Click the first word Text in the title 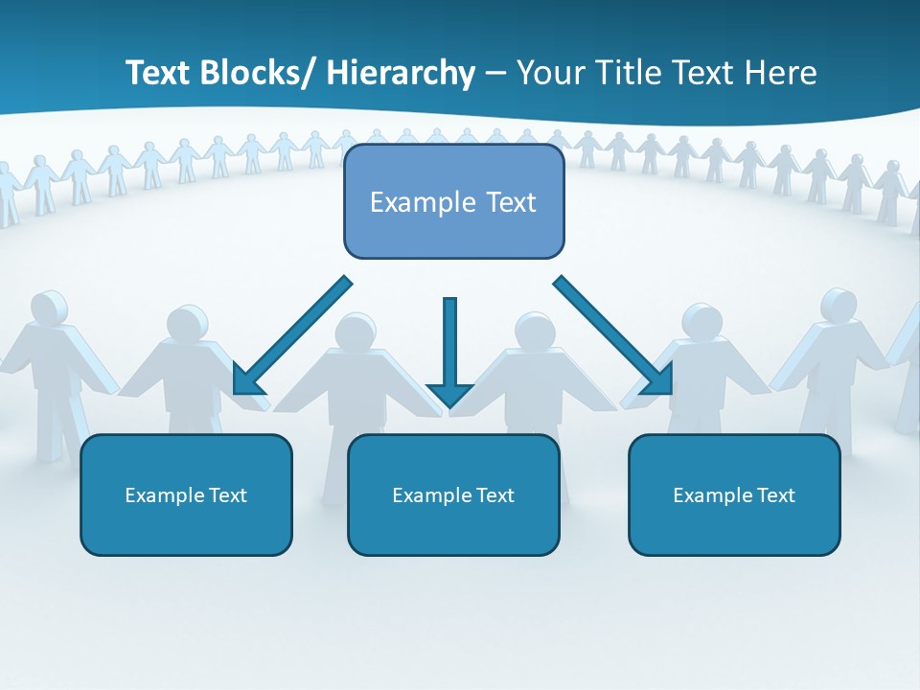coord(158,73)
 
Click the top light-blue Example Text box coord(453,202)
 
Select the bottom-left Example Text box coord(186,495)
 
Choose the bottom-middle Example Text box coord(453,495)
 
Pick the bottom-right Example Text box coord(734,495)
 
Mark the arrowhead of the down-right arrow coord(657,379)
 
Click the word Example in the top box coord(423,202)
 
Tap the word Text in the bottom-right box coord(775,495)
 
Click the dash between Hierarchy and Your coord(495,74)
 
